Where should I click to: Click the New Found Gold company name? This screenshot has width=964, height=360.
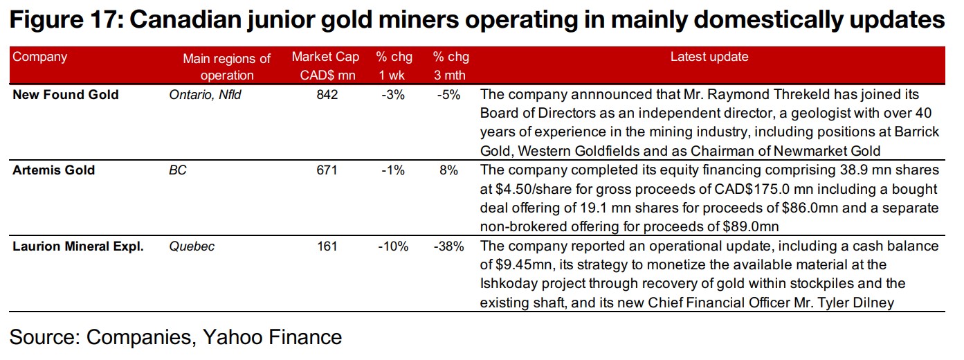click(66, 95)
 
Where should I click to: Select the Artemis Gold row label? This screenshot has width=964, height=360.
click(54, 170)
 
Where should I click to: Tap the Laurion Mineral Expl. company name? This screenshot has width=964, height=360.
click(78, 246)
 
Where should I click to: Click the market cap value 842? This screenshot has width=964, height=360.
click(327, 95)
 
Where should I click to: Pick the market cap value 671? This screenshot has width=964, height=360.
click(326, 170)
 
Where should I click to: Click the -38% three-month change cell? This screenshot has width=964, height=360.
click(448, 246)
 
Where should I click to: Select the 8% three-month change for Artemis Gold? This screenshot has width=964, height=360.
click(448, 170)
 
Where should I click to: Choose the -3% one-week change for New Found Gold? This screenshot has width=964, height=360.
click(392, 95)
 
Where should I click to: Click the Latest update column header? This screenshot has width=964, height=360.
click(709, 57)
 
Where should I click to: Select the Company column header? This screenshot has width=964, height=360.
click(40, 57)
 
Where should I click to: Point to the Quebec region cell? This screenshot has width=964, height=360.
click(192, 246)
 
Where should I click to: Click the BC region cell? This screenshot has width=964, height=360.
click(178, 170)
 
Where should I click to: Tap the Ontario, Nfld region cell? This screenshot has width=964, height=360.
click(206, 95)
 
